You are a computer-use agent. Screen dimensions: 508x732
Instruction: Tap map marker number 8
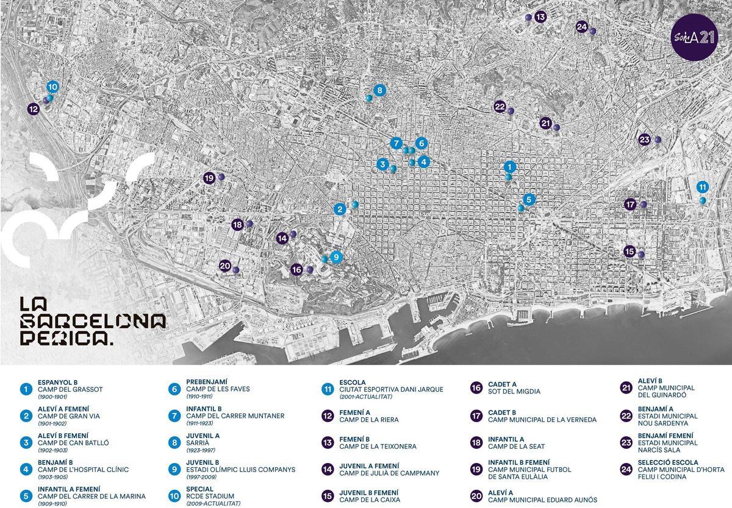(379, 91)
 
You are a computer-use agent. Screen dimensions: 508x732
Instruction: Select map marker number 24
(582, 27)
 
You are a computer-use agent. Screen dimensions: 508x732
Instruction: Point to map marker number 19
(209, 178)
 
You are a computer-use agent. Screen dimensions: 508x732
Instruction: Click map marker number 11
(702, 187)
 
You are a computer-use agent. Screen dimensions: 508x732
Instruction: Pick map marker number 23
(644, 139)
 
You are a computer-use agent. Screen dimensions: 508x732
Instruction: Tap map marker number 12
(34, 109)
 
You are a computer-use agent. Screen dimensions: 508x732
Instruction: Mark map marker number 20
(225, 266)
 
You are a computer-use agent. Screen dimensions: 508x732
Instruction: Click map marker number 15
(630, 251)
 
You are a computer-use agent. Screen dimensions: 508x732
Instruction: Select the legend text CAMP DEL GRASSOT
(70, 389)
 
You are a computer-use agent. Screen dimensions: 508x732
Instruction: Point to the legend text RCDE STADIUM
(210, 496)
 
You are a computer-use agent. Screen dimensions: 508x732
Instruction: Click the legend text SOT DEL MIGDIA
(514, 392)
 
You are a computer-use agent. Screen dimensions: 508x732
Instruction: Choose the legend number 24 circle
(626, 470)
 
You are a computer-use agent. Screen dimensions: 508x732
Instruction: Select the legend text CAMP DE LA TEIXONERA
(378, 446)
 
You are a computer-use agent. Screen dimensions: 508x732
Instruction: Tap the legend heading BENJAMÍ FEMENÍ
(666, 436)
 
